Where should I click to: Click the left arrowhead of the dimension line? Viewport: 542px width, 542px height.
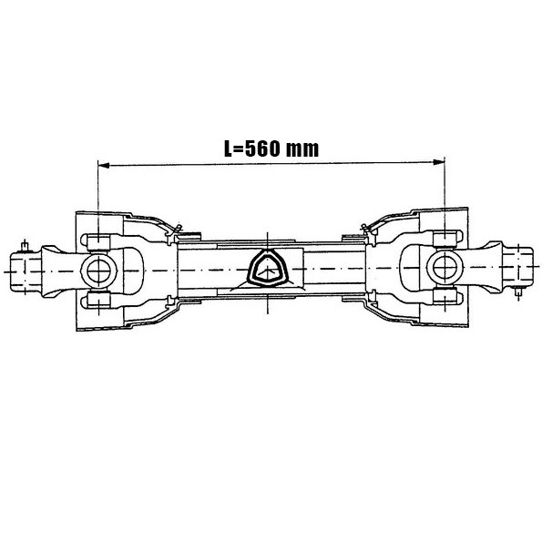(x=103, y=164)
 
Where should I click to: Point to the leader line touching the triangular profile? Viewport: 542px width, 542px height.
(x=239, y=283)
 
